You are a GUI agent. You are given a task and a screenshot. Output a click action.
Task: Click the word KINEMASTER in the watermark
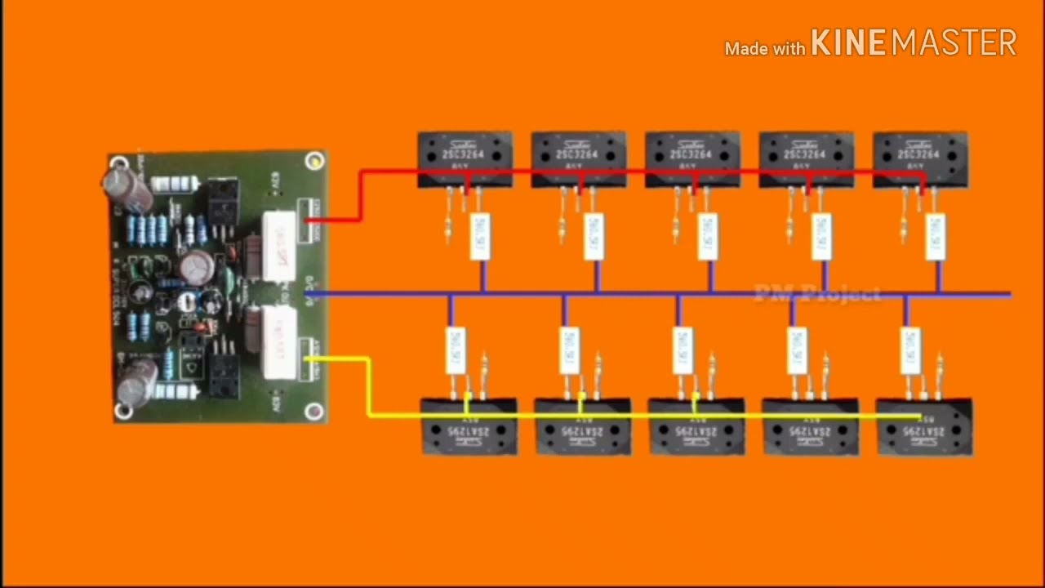click(913, 43)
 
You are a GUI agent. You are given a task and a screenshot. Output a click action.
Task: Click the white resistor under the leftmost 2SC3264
click(480, 236)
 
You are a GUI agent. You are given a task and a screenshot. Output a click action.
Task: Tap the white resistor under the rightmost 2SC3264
click(936, 236)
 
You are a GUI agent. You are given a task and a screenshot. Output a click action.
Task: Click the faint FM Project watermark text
click(817, 293)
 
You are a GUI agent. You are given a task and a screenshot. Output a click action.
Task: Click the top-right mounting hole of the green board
click(315, 162)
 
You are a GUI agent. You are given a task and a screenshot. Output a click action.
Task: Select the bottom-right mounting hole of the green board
click(315, 411)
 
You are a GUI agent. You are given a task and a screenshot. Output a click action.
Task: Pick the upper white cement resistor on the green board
click(278, 245)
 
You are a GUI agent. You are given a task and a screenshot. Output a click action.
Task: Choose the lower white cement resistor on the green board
click(279, 341)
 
